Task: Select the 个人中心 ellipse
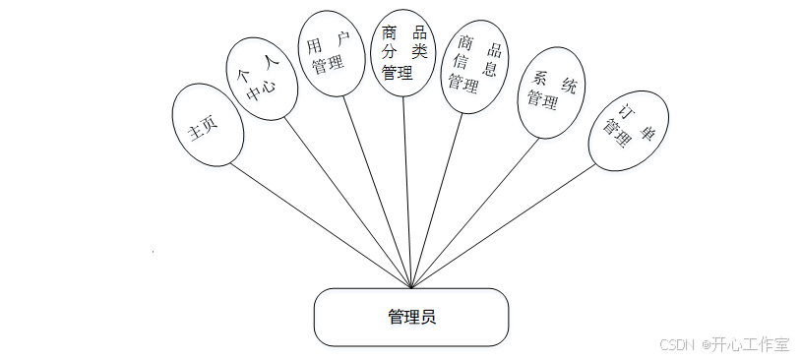tap(259, 78)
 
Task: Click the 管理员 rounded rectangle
tap(411, 317)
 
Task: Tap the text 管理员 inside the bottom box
tap(411, 317)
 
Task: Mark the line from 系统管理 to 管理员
tap(472, 213)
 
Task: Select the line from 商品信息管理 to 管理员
tap(438, 197)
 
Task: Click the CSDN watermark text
tap(677, 344)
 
